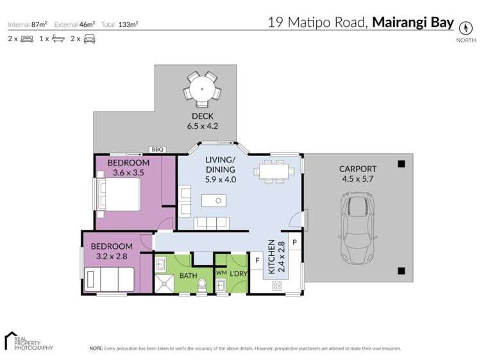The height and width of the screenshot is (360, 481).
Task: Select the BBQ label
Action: [x=157, y=150]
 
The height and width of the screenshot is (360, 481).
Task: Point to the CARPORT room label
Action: [x=357, y=169]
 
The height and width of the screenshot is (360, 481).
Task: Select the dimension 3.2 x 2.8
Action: [x=112, y=256]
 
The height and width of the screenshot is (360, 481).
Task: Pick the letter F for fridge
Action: [x=257, y=261]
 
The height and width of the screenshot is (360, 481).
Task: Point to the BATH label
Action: [x=188, y=276]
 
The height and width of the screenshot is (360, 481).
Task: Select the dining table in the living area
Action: [x=274, y=171]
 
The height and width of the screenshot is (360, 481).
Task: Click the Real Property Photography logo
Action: [x=28, y=341]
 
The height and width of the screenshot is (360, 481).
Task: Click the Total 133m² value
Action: [x=129, y=25]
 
